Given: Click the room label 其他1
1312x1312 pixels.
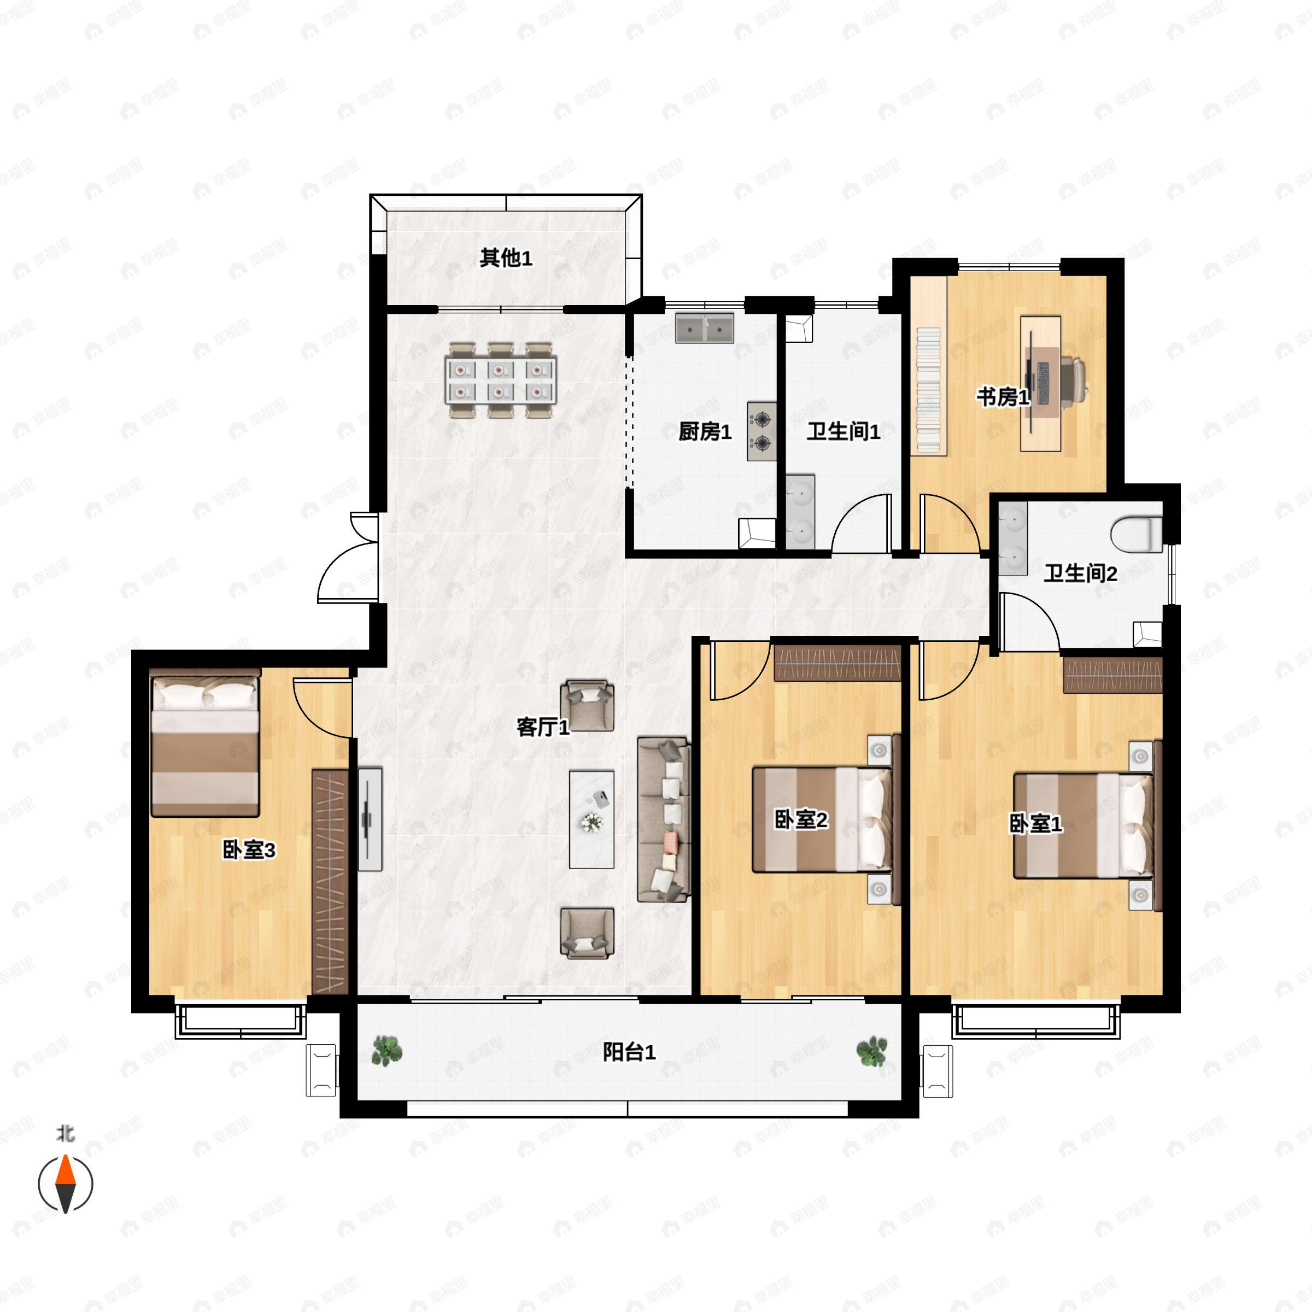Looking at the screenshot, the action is point(506,258).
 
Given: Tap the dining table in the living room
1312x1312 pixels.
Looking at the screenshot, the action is point(501,380).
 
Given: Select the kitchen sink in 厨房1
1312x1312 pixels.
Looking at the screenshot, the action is point(704,328).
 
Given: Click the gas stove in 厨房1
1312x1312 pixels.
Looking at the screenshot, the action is point(762,431).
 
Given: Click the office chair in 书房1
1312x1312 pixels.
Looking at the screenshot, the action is point(1071,376).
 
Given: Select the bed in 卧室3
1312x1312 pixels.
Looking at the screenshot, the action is point(205,743).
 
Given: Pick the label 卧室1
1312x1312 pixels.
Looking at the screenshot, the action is point(1035,824).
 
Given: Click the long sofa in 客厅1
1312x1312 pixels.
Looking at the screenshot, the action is point(664,819).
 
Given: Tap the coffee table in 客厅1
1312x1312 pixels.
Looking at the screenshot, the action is point(591,819).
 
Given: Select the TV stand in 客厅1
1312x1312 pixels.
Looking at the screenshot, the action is point(370,819).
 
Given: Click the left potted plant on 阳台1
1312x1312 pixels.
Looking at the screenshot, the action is point(387,1051).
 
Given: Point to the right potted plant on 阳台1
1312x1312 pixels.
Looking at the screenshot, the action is point(871,1051).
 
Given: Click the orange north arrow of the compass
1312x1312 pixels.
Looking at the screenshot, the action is point(65,1169).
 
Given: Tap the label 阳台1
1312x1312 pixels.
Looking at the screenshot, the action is point(630,1052).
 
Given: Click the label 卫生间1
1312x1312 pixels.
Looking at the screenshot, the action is point(844,432).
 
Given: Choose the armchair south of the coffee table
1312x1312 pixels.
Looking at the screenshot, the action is point(588,934).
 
